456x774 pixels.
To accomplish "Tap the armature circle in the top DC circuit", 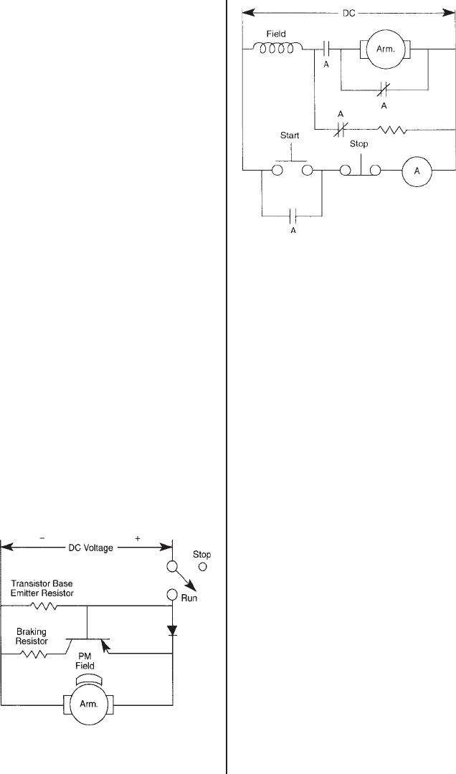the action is [x=384, y=49].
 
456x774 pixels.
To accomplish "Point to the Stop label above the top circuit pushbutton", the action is [x=358, y=144].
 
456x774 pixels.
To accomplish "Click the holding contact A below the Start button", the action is [x=291, y=214].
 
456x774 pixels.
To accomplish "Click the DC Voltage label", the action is [x=87, y=549].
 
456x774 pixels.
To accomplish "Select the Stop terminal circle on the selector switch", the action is [x=202, y=567].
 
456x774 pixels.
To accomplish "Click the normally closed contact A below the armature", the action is [x=383, y=90].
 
